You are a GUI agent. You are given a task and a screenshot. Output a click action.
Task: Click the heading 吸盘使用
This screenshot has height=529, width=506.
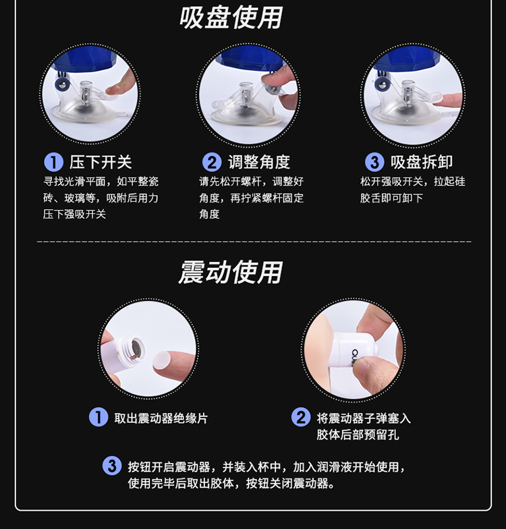(231, 18)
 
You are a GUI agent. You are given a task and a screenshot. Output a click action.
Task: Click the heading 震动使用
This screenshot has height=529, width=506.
(231, 272)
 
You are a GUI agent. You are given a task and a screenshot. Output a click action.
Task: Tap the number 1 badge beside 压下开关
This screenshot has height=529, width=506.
(54, 162)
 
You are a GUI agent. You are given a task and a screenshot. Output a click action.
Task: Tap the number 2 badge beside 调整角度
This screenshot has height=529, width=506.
(212, 162)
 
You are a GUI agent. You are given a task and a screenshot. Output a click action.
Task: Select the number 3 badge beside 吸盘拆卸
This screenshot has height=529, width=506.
(374, 162)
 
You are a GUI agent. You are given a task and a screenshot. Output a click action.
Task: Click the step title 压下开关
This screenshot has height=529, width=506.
(101, 162)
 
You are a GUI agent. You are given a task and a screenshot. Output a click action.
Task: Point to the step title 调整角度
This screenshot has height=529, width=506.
(259, 162)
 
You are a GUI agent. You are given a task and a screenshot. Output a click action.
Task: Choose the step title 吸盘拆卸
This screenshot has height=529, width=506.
(422, 162)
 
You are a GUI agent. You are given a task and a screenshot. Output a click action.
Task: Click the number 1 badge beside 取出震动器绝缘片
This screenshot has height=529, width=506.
(99, 417)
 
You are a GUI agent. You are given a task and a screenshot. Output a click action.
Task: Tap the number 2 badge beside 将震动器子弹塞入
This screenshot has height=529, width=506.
(301, 417)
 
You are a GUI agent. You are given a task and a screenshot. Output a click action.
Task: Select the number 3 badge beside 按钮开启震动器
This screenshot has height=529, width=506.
(112, 466)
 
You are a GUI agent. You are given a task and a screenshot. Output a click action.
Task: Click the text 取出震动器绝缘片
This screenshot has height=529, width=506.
(161, 418)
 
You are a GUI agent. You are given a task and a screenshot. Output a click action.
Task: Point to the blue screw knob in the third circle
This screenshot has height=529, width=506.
(383, 84)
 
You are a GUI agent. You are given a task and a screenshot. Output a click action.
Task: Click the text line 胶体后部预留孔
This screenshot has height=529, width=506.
(358, 435)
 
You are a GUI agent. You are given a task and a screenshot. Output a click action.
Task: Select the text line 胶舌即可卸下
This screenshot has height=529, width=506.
(391, 198)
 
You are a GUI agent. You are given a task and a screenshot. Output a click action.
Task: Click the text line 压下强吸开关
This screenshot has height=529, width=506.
(74, 215)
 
